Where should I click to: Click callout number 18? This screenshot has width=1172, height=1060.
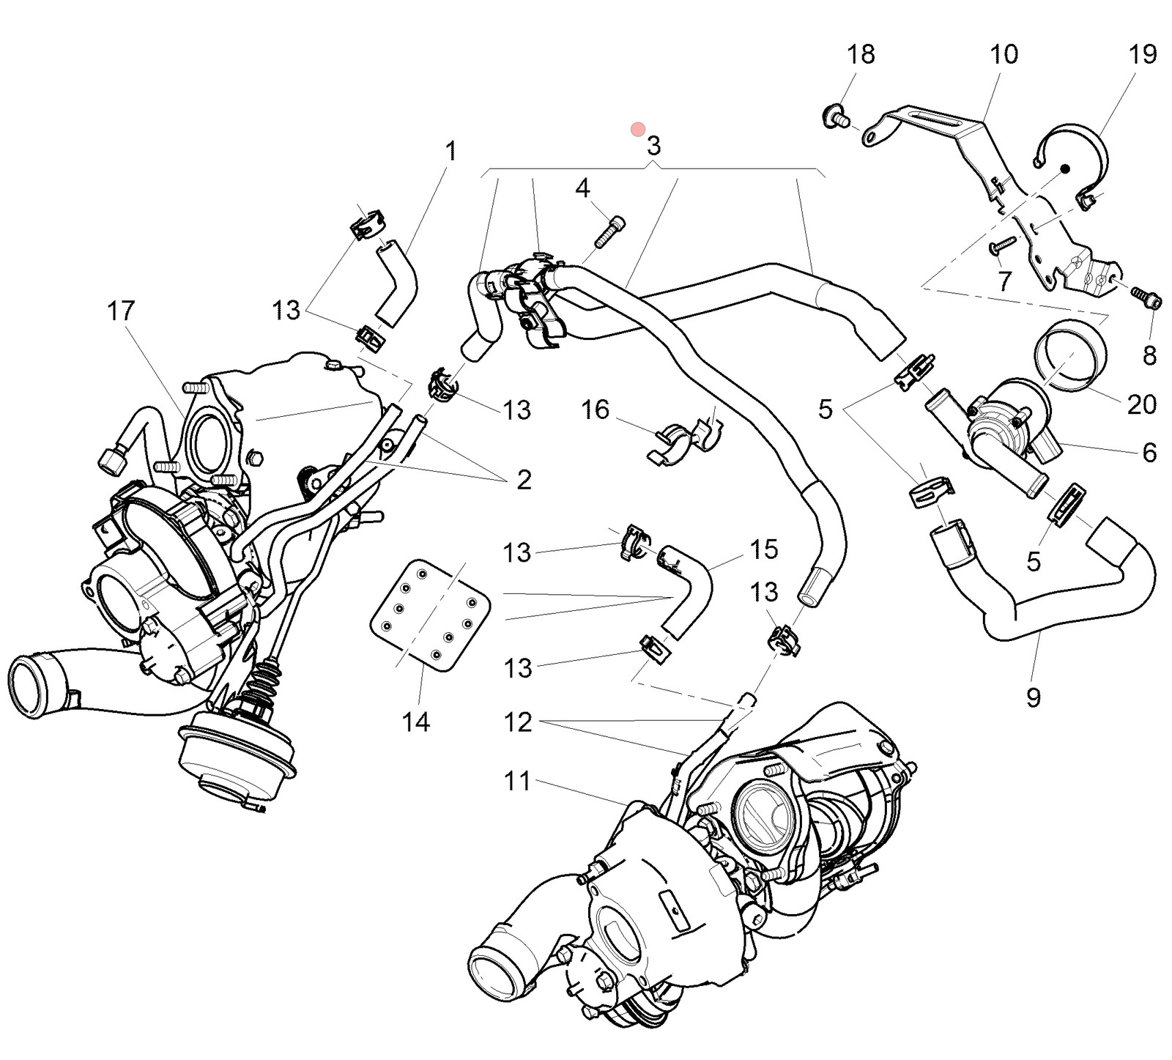point(861,55)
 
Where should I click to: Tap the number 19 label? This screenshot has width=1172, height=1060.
point(1142,54)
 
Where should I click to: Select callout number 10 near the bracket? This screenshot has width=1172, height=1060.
point(1003,54)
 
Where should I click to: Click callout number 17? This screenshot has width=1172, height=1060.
point(121,311)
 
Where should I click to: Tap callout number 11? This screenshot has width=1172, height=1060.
point(517,781)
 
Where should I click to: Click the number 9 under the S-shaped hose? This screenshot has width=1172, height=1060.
point(1033,697)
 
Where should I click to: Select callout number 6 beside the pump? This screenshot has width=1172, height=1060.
point(1149,453)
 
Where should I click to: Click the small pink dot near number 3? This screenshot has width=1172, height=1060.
point(637,130)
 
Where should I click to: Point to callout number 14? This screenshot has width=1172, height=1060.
point(415,722)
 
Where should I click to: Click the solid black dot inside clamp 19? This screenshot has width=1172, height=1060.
point(1066,168)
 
